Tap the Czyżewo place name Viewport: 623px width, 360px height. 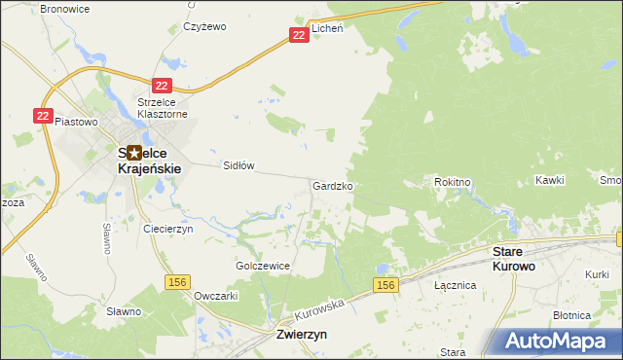click(204, 27)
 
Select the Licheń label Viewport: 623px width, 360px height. click(327, 28)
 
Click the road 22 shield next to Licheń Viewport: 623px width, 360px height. click(299, 35)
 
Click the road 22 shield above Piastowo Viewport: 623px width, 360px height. click(42, 115)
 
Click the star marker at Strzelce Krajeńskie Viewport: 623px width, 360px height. click(133, 153)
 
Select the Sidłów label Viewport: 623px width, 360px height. click(238, 165)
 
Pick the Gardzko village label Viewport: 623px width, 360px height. click(332, 185)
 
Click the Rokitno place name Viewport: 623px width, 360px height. click(453, 181)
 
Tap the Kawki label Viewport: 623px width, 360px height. click(549, 181)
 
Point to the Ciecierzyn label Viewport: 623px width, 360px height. click(169, 229)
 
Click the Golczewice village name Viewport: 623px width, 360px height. click(263, 266)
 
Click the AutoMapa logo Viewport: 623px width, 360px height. click(562, 342)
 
